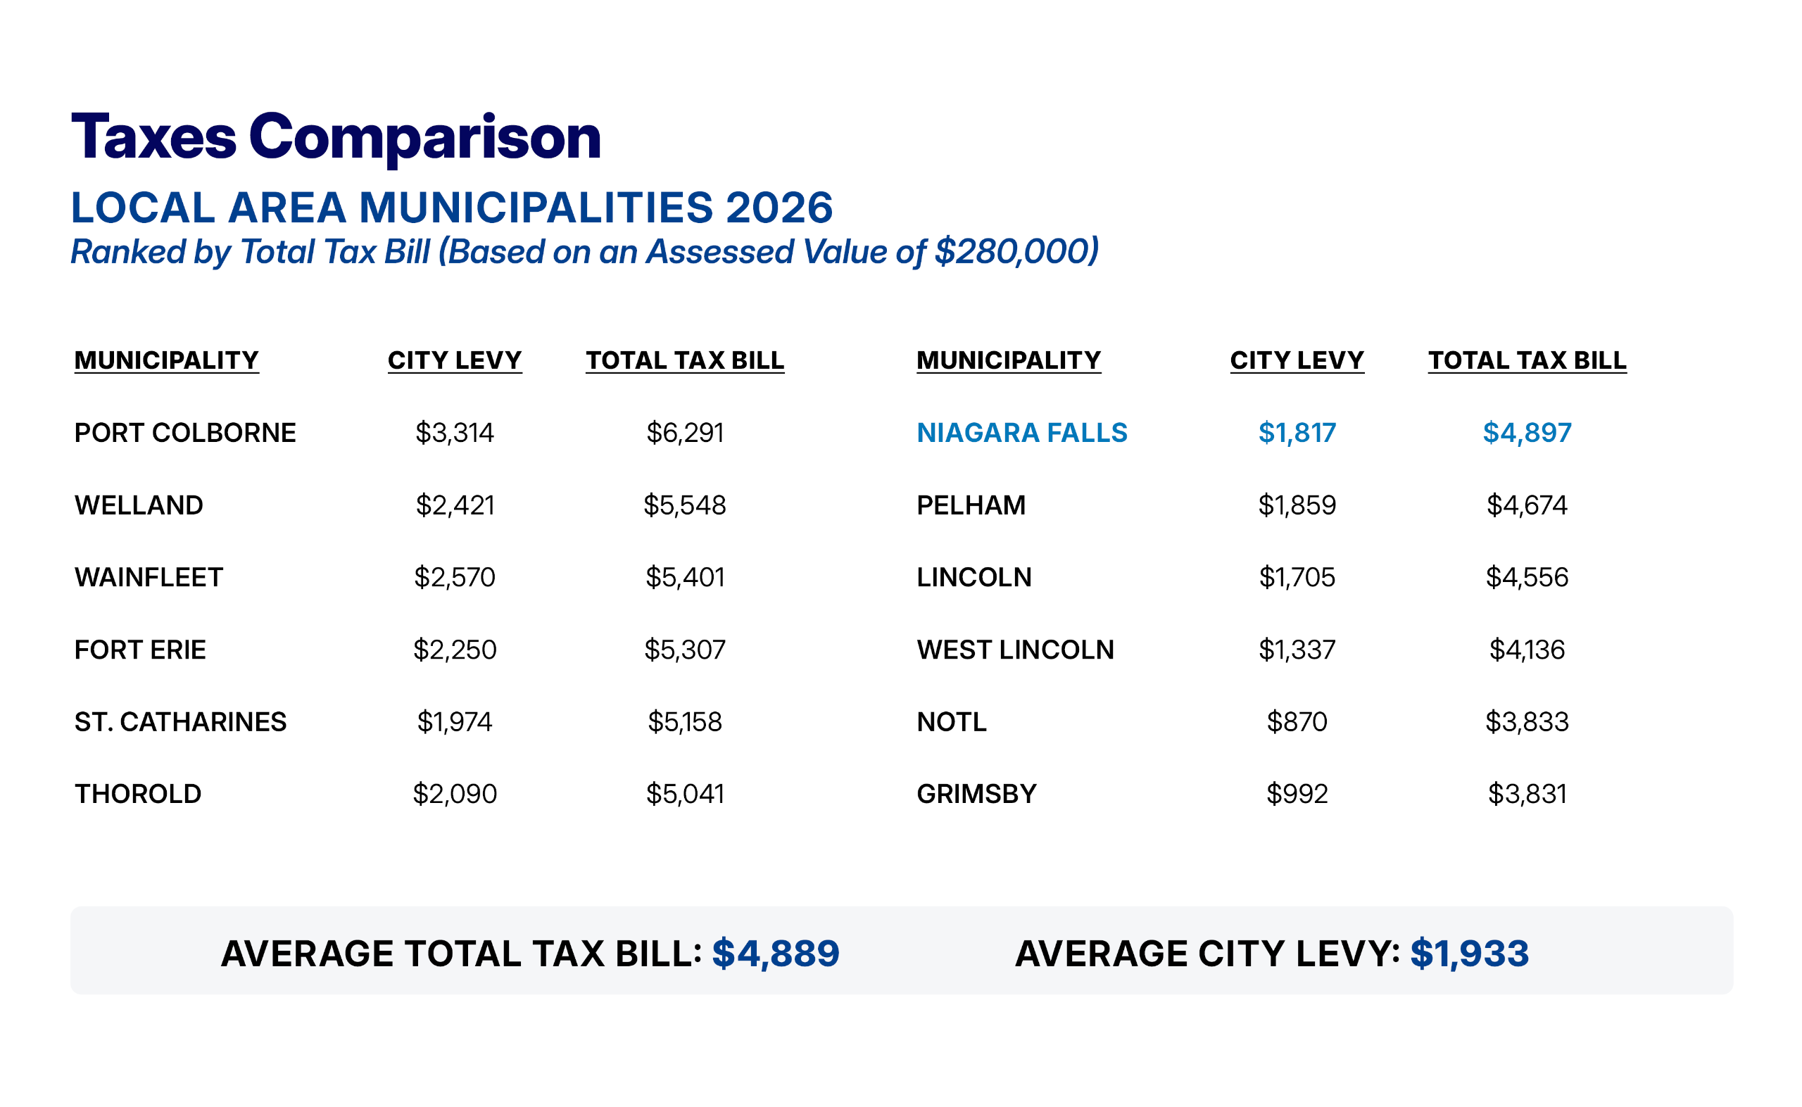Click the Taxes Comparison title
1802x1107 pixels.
pyautogui.click(x=336, y=137)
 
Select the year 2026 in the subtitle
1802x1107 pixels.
pyautogui.click(x=779, y=207)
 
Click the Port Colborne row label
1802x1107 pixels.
pyautogui.click(x=185, y=433)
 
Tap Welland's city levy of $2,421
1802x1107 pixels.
pyautogui.click(x=455, y=505)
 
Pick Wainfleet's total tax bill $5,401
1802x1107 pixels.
pyautogui.click(x=685, y=578)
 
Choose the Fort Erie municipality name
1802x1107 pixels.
pyautogui.click(x=141, y=650)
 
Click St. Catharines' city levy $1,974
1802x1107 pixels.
pyautogui.click(x=455, y=722)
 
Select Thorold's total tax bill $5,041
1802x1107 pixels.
pyautogui.click(x=685, y=794)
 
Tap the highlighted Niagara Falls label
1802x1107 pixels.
pyautogui.click(x=1022, y=433)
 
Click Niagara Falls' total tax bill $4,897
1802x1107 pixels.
pyautogui.click(x=1527, y=433)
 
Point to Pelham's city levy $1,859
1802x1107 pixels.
pyautogui.click(x=1297, y=505)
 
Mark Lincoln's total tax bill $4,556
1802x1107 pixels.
pyautogui.click(x=1527, y=578)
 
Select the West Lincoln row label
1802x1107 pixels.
pyautogui.click(x=1016, y=650)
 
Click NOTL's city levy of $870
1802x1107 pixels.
pyautogui.click(x=1297, y=722)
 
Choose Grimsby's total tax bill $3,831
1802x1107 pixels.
pyautogui.click(x=1527, y=794)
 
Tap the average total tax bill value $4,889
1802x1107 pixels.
pyautogui.click(x=776, y=954)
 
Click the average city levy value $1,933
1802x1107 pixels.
pyautogui.click(x=1470, y=954)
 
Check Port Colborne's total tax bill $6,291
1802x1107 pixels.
pyautogui.click(x=685, y=433)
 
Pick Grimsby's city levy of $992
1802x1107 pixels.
pyautogui.click(x=1297, y=794)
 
